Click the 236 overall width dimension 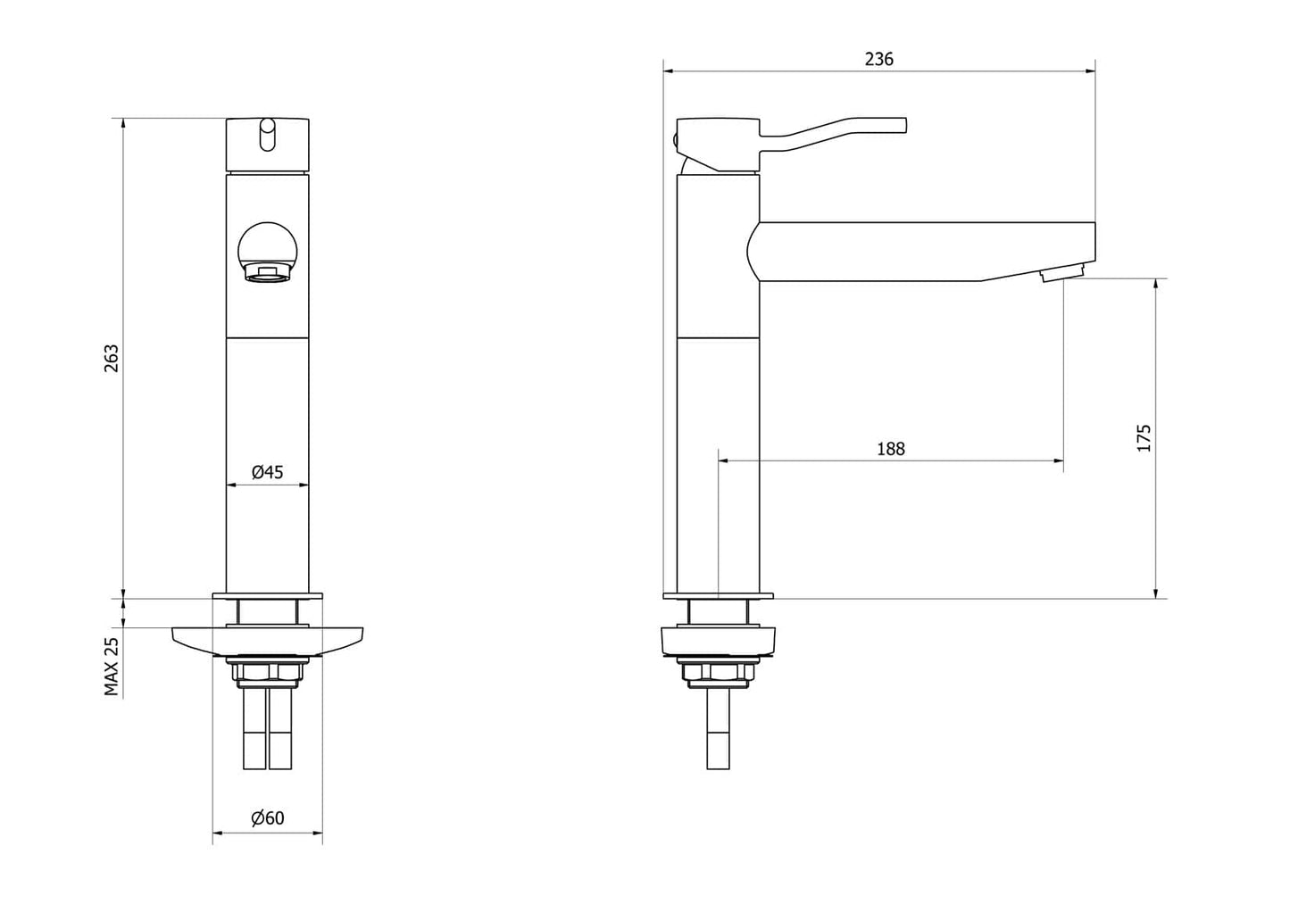pyautogui.click(x=878, y=59)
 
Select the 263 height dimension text pyautogui.click(x=111, y=358)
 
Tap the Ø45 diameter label pyautogui.click(x=267, y=472)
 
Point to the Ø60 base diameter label pyautogui.click(x=267, y=818)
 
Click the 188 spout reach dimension pyautogui.click(x=890, y=448)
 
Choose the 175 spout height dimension pyautogui.click(x=1144, y=438)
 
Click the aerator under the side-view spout pyautogui.click(x=1062, y=273)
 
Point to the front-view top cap pyautogui.click(x=267, y=145)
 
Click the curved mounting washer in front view pyautogui.click(x=267, y=640)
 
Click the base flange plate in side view pyautogui.click(x=718, y=595)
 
